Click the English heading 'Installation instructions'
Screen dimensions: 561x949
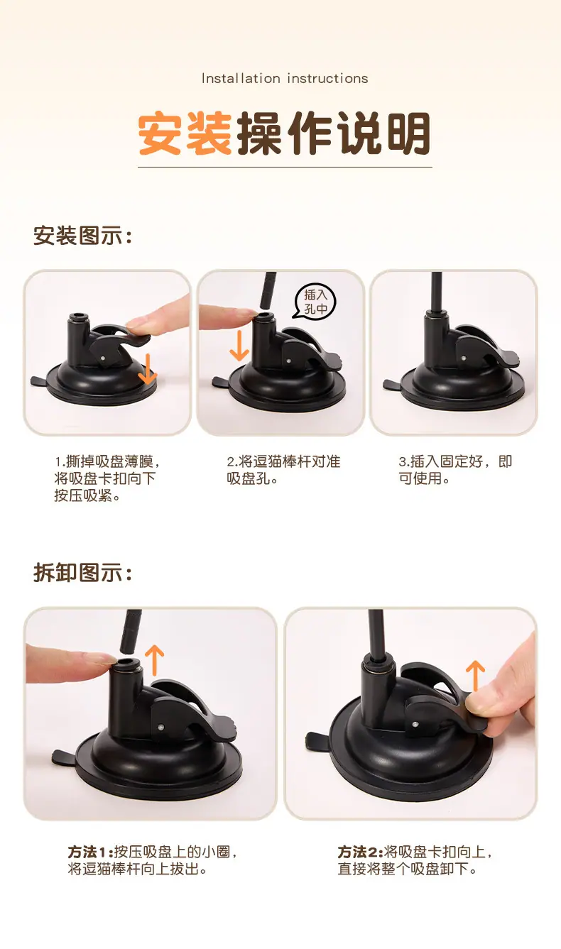pyautogui.click(x=285, y=78)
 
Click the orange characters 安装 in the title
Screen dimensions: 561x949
pyautogui.click(x=185, y=133)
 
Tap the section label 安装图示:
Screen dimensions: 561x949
pyautogui.click(x=82, y=235)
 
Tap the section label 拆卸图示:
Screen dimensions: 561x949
pyautogui.click(x=82, y=573)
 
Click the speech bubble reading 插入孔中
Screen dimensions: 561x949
pyautogui.click(x=315, y=301)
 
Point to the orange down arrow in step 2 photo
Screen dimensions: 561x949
pyautogui.click(x=239, y=345)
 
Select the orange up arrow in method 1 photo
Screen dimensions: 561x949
pyautogui.click(x=155, y=659)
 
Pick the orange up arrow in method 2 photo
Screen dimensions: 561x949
pyautogui.click(x=475, y=676)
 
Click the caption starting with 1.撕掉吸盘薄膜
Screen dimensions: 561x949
pyautogui.click(x=107, y=478)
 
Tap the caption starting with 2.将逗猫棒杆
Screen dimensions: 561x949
pyautogui.click(x=283, y=470)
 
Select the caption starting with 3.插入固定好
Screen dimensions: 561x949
pyautogui.click(x=455, y=470)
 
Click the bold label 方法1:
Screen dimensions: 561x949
pyautogui.click(x=90, y=852)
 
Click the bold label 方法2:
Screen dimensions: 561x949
pyautogui.click(x=360, y=852)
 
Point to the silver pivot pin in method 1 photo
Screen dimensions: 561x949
pyautogui.click(x=161, y=728)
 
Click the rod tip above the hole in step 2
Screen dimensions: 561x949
pyautogui.click(x=266, y=305)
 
